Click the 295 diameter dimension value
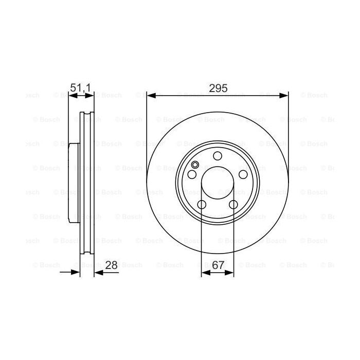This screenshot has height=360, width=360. (218, 88)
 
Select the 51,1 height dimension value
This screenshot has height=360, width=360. (80, 88)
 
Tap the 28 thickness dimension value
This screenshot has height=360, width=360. (111, 265)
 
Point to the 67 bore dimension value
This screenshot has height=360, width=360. (218, 265)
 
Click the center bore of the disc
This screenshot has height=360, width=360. (218, 182)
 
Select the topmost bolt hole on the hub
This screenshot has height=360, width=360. (218, 156)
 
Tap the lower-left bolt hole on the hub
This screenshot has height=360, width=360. (202, 205)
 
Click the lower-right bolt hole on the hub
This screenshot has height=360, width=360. (233, 205)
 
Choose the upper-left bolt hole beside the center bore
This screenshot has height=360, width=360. (192, 175)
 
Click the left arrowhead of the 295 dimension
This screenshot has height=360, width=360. (151, 95)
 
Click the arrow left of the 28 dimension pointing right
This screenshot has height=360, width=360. (77, 273)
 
